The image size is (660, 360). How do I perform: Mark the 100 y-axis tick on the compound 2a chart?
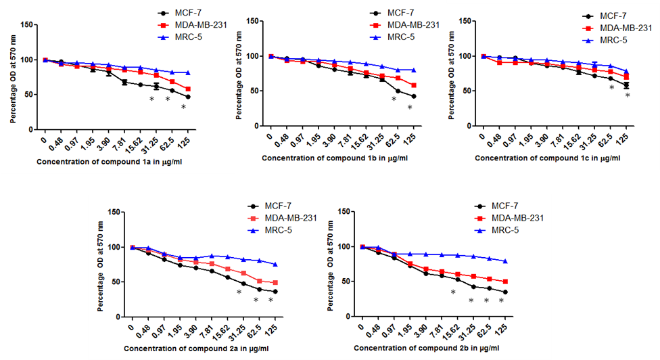tap(114, 247)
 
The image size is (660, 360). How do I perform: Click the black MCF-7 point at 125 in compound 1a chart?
tap(187, 97)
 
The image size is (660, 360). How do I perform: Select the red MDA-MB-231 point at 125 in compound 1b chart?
tap(412, 85)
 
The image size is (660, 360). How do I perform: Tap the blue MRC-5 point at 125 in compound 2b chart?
tap(504, 261)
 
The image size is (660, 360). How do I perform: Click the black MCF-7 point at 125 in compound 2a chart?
tap(275, 292)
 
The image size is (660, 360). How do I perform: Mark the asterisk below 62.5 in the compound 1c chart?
tap(611, 87)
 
